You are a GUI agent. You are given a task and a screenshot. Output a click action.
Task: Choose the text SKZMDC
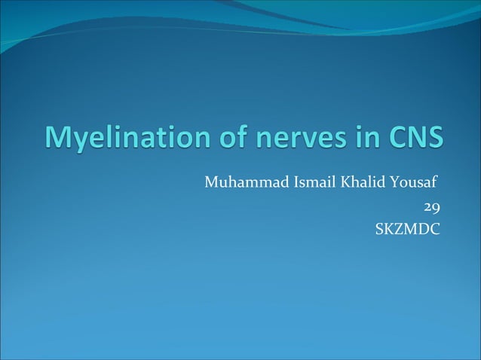[x=408, y=227]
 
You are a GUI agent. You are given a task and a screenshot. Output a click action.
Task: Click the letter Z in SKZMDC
[x=400, y=227]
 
